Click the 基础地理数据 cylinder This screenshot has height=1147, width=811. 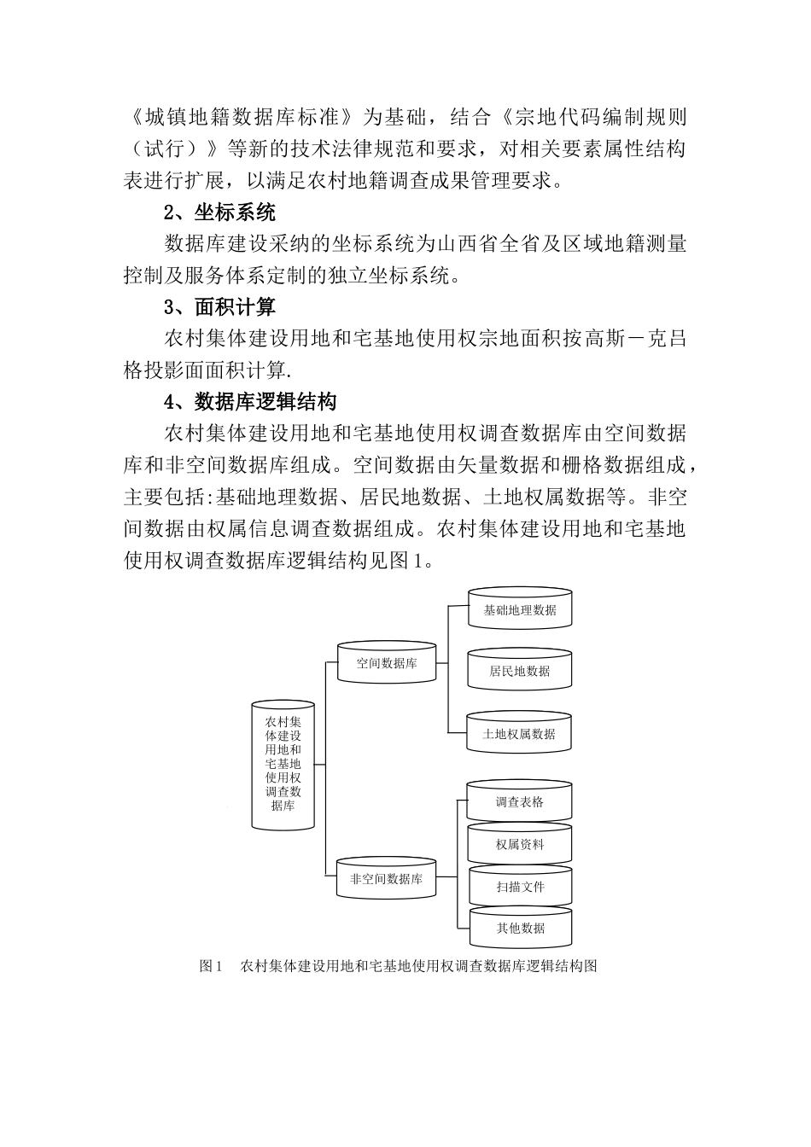519,610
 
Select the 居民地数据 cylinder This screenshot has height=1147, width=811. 519,671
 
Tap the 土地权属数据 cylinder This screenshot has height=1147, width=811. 519,734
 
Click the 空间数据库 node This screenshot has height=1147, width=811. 387,663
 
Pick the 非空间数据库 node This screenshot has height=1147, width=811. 387,878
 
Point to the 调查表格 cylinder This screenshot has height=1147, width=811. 519,802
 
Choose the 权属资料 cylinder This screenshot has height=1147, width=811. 519,845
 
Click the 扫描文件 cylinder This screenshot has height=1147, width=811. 519,887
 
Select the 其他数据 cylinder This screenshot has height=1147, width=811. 519,929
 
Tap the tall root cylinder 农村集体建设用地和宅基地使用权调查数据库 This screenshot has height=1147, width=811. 283,764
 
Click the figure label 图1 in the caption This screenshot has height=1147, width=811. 210,966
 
